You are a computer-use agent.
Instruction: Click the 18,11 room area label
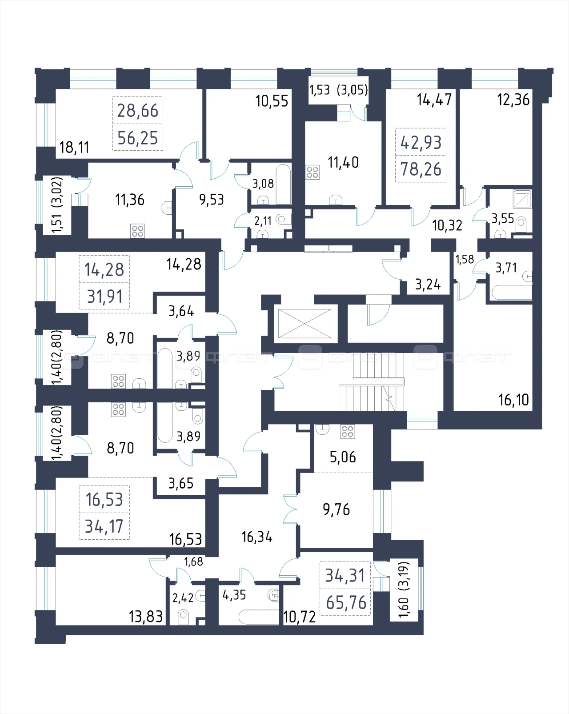pos(74,147)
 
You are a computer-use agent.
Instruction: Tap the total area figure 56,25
pos(138,138)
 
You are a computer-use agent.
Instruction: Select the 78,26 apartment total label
pos(421,169)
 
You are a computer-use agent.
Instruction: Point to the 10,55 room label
pos(272,101)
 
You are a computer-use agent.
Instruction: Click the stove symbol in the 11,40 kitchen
pos(313,172)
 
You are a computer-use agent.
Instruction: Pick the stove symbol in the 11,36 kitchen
pos(137,231)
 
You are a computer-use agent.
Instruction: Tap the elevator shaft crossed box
pos(305,324)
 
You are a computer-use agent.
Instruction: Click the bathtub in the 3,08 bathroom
pos(283,184)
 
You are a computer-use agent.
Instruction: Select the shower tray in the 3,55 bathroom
pos(522,199)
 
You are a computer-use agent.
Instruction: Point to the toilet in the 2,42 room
pos(183,617)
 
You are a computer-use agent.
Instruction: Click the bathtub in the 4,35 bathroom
pos(258,617)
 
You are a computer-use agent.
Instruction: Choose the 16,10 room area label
pos(513,400)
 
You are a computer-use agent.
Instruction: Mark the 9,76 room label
pos(337,509)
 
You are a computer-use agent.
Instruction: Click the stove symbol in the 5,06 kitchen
pos(347,432)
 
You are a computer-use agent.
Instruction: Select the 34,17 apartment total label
pos(104,526)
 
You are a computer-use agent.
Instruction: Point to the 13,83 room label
pos(146,617)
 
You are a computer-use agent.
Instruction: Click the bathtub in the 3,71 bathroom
pos(512,293)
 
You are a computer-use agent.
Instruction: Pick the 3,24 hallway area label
pos(428,285)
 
